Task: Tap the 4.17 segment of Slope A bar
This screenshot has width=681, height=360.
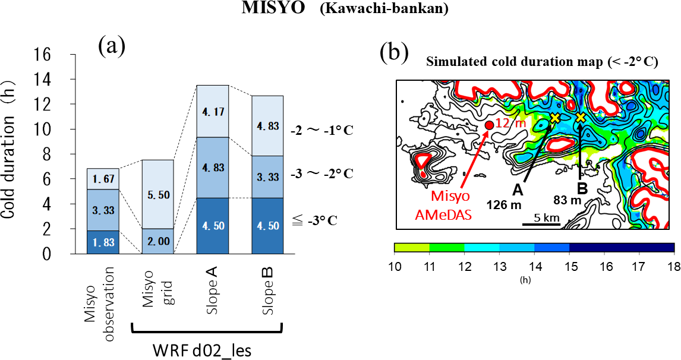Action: (213, 111)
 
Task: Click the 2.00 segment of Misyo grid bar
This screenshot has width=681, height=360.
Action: (157, 241)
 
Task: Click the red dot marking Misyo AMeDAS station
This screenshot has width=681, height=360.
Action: (488, 125)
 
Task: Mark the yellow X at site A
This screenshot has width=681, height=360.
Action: (554, 118)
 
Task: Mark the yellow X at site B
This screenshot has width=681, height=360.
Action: (581, 118)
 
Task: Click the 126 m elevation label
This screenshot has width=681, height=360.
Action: (504, 204)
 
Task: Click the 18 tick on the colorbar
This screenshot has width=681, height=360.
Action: (674, 266)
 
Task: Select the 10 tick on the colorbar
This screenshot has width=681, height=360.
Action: (395, 266)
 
